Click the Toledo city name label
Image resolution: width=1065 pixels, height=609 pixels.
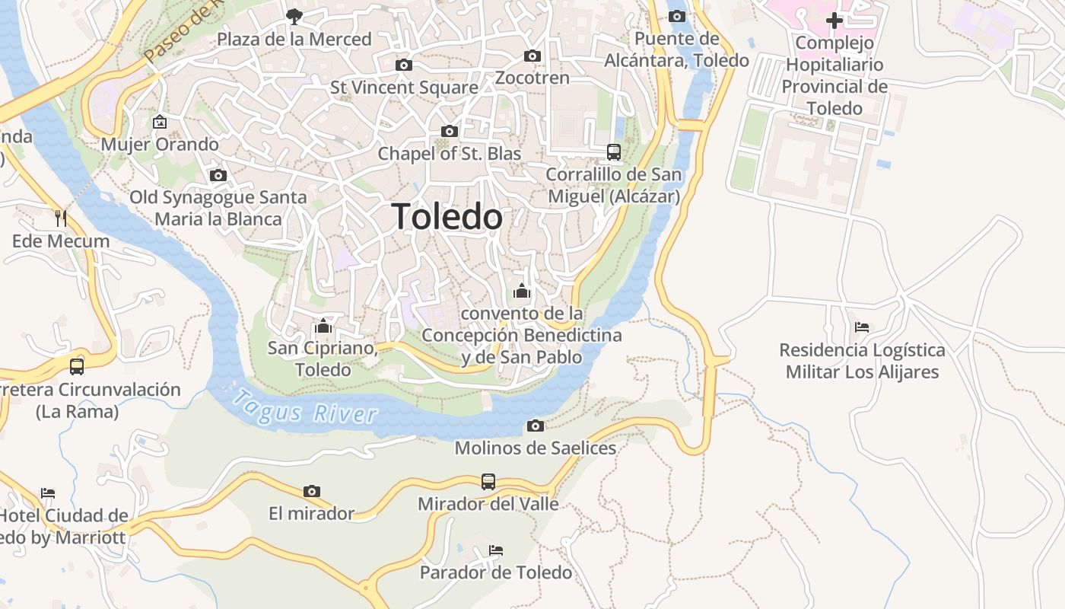447,217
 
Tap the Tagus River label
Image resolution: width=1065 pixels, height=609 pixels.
304,406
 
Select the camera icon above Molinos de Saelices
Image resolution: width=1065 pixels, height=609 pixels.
536,426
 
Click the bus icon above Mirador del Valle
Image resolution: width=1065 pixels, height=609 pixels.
488,481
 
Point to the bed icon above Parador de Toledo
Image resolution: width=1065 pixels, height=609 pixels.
496,550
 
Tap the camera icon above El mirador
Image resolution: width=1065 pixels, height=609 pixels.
311,491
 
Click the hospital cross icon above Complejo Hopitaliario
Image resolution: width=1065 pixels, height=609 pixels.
835,20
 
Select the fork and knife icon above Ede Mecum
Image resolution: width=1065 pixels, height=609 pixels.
61,218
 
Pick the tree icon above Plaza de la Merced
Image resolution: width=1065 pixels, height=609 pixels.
294,16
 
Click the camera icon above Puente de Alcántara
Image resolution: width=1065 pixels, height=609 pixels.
676,16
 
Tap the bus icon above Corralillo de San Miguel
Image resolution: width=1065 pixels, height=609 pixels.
614,151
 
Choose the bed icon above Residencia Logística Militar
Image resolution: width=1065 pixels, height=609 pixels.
862,327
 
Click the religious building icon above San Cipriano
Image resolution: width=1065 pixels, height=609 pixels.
323,327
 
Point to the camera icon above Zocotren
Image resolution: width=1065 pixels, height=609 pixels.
532,56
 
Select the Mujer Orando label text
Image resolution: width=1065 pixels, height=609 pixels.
160,144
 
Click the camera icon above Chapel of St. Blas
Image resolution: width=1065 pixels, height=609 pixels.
450,132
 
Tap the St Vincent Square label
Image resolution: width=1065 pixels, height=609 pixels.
404,88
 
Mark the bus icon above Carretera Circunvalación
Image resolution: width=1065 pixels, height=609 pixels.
77,366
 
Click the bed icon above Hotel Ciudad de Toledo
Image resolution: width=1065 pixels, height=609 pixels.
48,493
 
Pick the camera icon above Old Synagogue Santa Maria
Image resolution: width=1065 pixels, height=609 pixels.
218,176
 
